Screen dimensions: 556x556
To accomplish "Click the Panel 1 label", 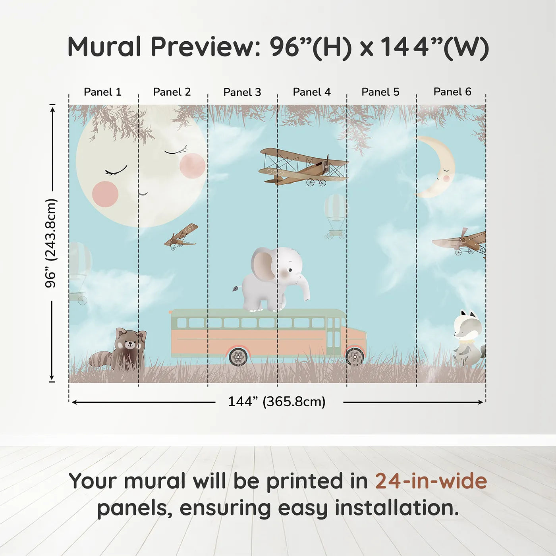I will [x=102, y=92].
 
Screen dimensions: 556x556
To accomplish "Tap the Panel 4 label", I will [x=311, y=92].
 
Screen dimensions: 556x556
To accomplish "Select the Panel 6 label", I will [x=452, y=92].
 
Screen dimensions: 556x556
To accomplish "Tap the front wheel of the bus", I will [x=355, y=357].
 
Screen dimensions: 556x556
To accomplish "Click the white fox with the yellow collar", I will [x=468, y=338].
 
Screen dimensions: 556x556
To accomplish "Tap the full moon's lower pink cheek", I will [x=105, y=194].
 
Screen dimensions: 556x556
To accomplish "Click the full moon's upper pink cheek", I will [x=192, y=166].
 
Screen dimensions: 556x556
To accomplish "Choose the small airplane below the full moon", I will [x=181, y=237].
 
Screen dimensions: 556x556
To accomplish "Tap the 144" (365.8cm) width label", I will [x=276, y=402].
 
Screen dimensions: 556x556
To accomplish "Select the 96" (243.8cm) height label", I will [x=51, y=243].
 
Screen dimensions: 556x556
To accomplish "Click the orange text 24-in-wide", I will [x=431, y=481].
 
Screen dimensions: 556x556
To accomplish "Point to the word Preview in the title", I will [x=205, y=47].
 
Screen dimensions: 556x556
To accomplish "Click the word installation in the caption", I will [x=396, y=508].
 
